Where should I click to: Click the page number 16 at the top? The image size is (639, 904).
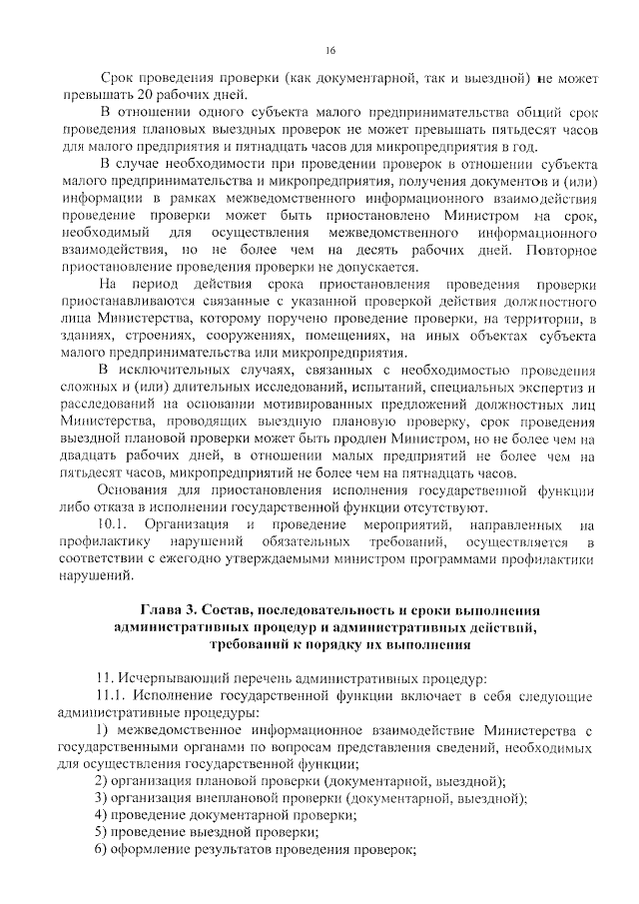[x=331, y=50]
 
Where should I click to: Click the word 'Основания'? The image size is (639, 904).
[x=142, y=491]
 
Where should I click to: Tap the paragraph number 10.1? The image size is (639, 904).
[x=111, y=523]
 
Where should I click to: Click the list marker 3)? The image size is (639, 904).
[x=102, y=797]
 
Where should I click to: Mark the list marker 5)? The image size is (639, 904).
[x=102, y=830]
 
